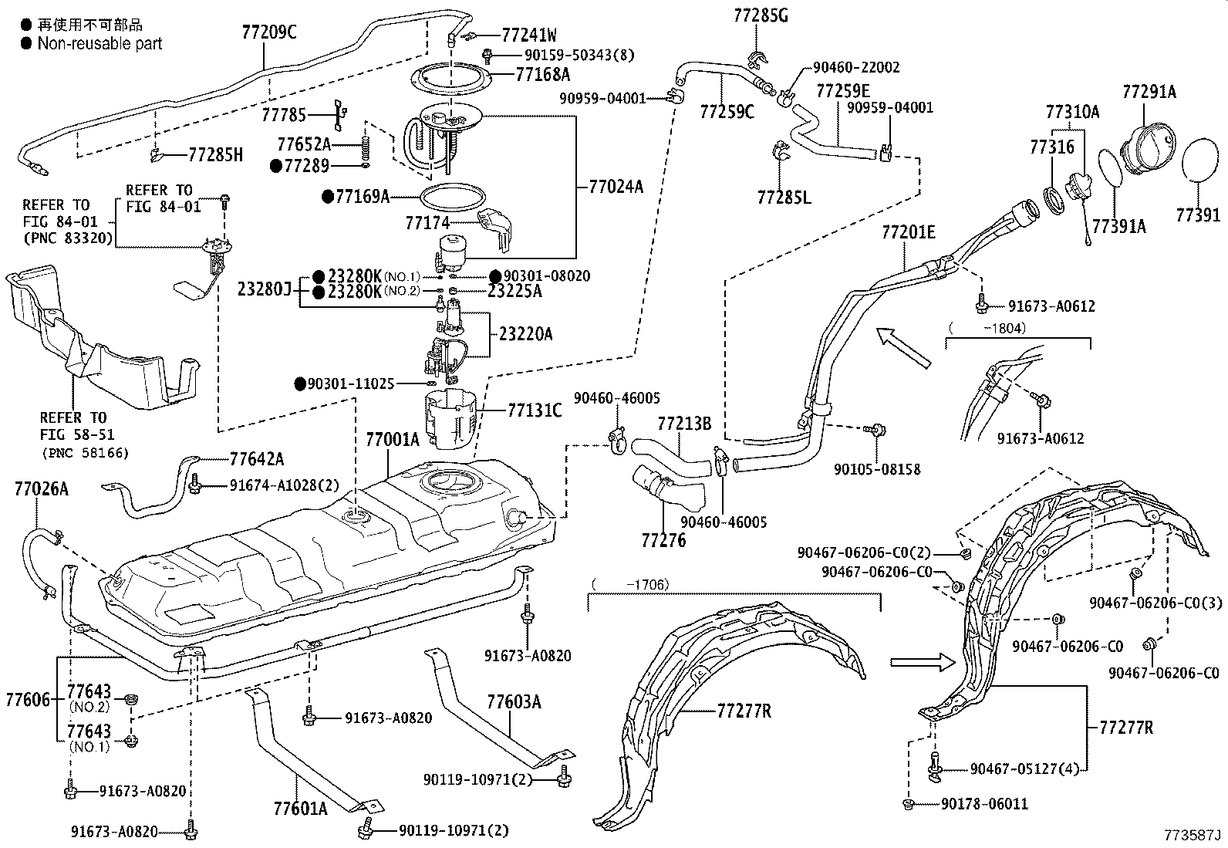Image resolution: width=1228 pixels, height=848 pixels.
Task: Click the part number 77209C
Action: (269, 32)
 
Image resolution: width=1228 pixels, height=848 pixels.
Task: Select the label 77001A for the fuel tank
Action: (392, 440)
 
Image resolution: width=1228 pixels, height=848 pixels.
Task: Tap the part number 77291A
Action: (1149, 92)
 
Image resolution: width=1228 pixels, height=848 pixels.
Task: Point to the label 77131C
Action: (535, 410)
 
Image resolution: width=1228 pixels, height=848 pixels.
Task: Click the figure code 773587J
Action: (1193, 835)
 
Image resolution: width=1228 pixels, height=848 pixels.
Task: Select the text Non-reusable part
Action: (100, 44)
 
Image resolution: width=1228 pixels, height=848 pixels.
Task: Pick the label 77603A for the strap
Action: (514, 701)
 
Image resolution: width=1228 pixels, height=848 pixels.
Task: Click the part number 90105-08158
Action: (877, 469)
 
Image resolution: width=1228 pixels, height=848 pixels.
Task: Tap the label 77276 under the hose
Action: (663, 539)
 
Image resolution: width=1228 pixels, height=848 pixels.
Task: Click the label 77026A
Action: (41, 488)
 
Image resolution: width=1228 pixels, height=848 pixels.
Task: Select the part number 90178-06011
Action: (984, 804)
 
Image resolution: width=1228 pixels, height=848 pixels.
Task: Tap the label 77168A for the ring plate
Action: (543, 74)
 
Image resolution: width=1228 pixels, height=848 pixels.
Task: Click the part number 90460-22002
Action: (855, 68)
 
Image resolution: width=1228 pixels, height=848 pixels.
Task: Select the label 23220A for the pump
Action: (525, 334)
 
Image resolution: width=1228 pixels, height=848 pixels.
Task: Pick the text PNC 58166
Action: (84, 453)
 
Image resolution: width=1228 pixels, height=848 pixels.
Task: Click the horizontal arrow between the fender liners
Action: (922, 662)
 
